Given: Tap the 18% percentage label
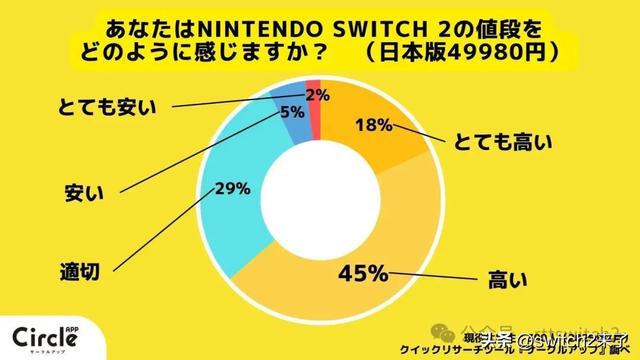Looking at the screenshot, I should click(x=372, y=127).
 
